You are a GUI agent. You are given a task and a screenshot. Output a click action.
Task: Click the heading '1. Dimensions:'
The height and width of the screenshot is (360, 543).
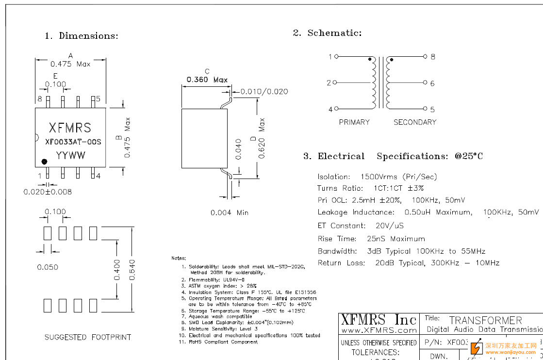82,36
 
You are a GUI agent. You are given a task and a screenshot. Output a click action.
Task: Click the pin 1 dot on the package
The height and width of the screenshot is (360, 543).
44,161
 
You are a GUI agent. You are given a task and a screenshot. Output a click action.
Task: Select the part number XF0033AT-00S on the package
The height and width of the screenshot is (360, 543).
73,142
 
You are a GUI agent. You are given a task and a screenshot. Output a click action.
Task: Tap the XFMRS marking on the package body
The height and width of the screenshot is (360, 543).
70,128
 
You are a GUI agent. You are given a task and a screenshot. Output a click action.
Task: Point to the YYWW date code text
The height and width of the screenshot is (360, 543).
70,156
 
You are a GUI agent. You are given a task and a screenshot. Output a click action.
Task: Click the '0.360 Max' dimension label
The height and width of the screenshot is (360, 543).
207,80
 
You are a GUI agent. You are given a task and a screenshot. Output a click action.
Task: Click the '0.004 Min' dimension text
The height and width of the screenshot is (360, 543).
229,213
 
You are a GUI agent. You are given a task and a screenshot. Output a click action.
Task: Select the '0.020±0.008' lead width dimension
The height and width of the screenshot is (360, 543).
48,192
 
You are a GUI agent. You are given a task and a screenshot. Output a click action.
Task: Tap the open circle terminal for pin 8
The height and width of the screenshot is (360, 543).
425,57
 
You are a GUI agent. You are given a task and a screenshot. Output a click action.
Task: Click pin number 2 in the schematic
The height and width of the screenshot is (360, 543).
329,83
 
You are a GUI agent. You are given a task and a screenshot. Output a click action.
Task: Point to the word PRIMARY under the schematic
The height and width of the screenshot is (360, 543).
354,122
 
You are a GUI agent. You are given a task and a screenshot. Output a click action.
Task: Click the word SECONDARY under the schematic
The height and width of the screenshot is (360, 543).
415,122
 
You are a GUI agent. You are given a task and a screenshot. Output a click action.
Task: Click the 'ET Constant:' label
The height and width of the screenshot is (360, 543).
342,226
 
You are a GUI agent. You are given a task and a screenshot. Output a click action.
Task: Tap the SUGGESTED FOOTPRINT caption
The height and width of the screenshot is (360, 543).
88,337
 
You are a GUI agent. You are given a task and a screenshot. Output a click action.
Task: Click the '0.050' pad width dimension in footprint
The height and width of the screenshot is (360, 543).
48,267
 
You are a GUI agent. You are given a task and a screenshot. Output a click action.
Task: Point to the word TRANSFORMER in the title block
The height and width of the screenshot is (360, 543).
485,321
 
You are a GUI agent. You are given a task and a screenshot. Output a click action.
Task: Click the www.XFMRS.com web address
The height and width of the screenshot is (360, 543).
378,330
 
